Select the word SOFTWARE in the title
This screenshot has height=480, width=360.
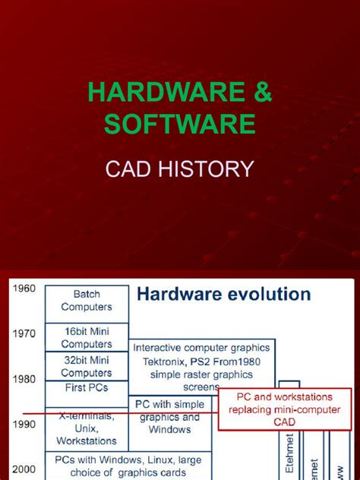(x=180, y=124)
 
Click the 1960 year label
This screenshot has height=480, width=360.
(x=24, y=289)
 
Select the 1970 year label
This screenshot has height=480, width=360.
(x=24, y=333)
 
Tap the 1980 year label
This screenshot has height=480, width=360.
(x=24, y=378)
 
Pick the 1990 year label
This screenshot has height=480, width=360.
(x=24, y=424)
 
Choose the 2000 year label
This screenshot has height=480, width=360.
(x=24, y=469)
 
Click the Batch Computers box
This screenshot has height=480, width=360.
(x=87, y=301)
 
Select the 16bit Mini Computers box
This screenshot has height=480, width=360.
(x=87, y=337)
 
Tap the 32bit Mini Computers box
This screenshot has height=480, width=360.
(x=87, y=367)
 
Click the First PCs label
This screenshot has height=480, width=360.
(x=87, y=387)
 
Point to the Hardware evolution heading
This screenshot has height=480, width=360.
(x=223, y=294)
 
